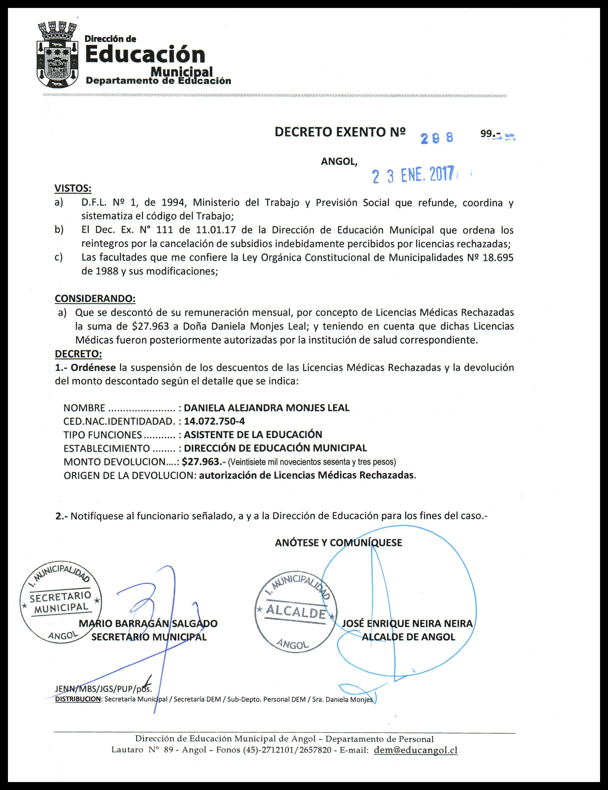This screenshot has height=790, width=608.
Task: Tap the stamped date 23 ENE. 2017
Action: pos(413,176)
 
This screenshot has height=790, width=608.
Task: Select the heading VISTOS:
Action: pos(73,189)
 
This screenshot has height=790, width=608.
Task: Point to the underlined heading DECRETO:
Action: pos(78,353)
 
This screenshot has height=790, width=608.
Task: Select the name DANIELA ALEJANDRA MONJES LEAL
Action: pos(266,408)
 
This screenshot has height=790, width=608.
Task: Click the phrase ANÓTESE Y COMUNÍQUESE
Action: pos(338,543)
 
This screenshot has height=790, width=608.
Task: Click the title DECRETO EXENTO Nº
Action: pos(340,132)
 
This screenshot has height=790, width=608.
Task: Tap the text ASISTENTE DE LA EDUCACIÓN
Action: pos(253,434)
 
